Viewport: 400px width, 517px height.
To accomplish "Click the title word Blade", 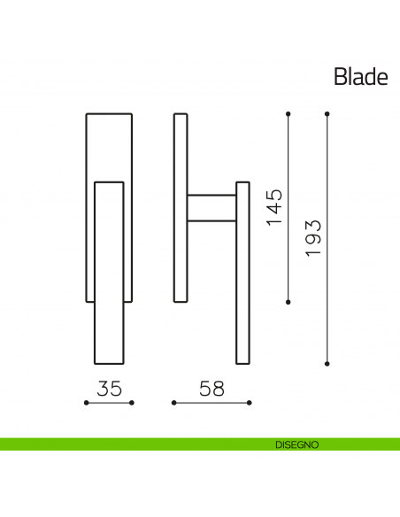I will pyautogui.click(x=360, y=77).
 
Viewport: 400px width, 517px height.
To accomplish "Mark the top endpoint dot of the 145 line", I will pyautogui.click(x=289, y=113).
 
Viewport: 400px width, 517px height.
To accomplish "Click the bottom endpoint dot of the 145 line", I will pyautogui.click(x=289, y=302).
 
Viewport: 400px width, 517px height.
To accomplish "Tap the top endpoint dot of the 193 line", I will pyautogui.click(x=327, y=113).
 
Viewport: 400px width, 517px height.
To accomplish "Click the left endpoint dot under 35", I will pyautogui.click(x=86, y=403).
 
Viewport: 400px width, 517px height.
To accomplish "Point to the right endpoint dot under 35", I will pyautogui.click(x=132, y=403).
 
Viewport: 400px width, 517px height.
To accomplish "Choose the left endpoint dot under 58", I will pyautogui.click(x=173, y=403).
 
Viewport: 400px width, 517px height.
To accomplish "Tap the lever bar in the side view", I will pyautogui.click(x=242, y=273).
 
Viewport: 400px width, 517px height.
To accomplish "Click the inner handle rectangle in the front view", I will pyautogui.click(x=109, y=273).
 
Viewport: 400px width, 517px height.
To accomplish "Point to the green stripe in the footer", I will pyautogui.click(x=133, y=444).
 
